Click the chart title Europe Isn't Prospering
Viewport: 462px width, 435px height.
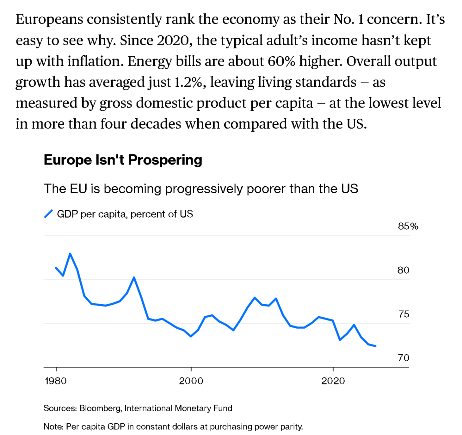click(x=123, y=160)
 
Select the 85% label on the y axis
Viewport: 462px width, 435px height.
click(x=408, y=226)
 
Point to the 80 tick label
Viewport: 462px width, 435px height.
click(x=403, y=270)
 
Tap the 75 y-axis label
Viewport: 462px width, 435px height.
click(x=404, y=314)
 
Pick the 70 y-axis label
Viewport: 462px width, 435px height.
click(x=404, y=358)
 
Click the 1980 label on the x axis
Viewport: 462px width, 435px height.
click(x=56, y=381)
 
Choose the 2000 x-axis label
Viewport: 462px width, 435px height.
click(x=191, y=381)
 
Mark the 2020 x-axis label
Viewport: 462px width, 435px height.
click(x=333, y=381)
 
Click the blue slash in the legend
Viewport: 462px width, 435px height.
click(x=48, y=214)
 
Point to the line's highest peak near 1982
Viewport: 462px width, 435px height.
click(x=70, y=254)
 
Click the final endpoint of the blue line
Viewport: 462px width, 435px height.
click(x=375, y=346)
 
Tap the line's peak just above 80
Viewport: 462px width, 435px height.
click(x=134, y=278)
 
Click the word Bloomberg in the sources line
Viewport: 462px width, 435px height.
click(x=100, y=408)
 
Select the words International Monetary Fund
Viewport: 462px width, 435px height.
click(x=178, y=408)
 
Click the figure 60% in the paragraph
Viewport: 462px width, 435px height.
click(x=281, y=61)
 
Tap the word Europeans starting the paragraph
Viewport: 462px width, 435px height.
click(x=49, y=20)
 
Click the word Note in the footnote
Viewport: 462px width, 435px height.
click(x=53, y=426)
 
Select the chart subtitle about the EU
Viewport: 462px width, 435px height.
click(x=201, y=189)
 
